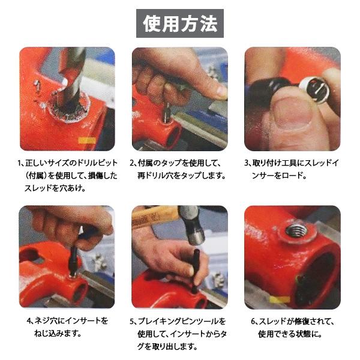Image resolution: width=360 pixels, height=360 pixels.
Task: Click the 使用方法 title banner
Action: click(x=179, y=23)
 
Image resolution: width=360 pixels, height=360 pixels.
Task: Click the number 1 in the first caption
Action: click(x=20, y=163)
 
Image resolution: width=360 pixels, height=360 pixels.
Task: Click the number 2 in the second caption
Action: click(x=133, y=163)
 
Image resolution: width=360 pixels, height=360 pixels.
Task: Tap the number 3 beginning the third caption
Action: click(x=246, y=163)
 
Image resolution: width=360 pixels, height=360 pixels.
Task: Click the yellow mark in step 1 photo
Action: click(x=87, y=141)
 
